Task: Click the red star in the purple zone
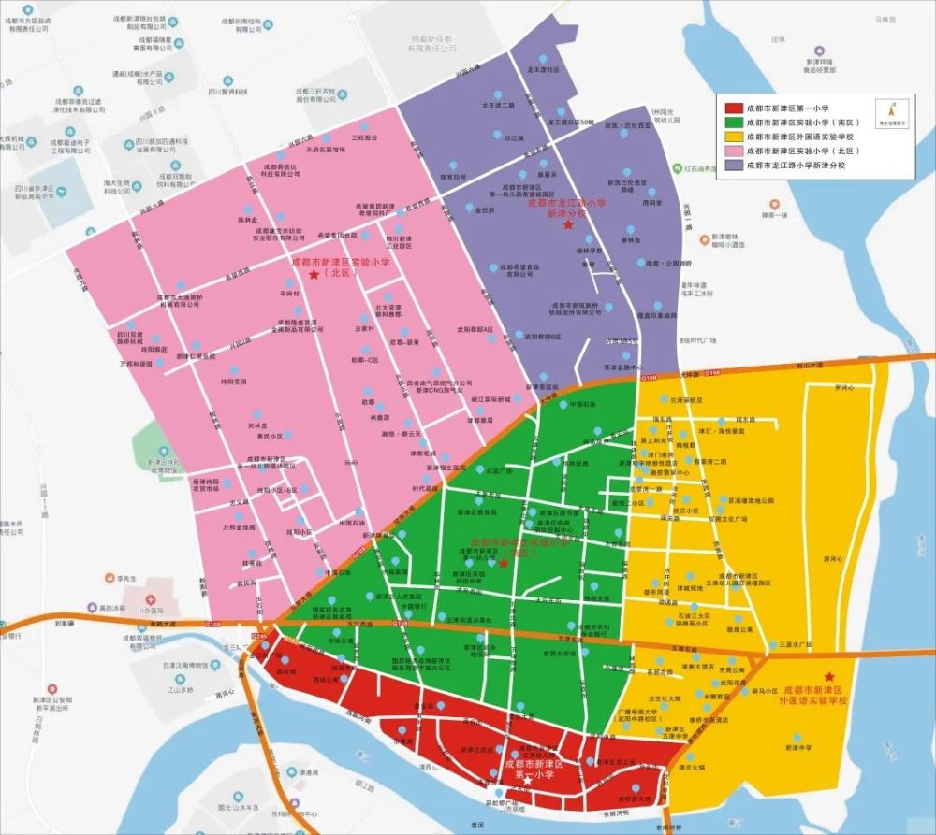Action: coord(566,225)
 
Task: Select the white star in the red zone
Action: coord(528,778)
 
